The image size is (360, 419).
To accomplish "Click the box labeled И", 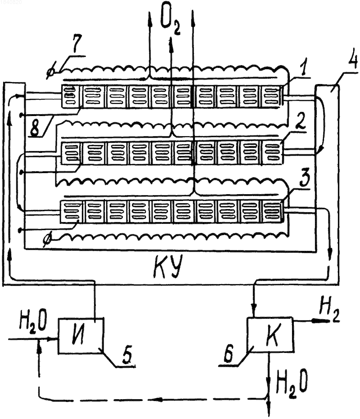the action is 81,336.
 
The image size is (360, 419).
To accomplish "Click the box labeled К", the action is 270,334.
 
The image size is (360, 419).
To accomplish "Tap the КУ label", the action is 168,266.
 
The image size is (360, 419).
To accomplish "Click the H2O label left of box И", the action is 33,322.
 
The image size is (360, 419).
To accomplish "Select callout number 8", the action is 35,127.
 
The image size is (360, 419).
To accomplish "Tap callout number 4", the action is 353,58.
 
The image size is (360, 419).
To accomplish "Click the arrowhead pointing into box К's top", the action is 254,311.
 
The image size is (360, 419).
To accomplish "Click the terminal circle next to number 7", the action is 50,71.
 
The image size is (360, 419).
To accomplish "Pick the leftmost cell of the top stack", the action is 71,96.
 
